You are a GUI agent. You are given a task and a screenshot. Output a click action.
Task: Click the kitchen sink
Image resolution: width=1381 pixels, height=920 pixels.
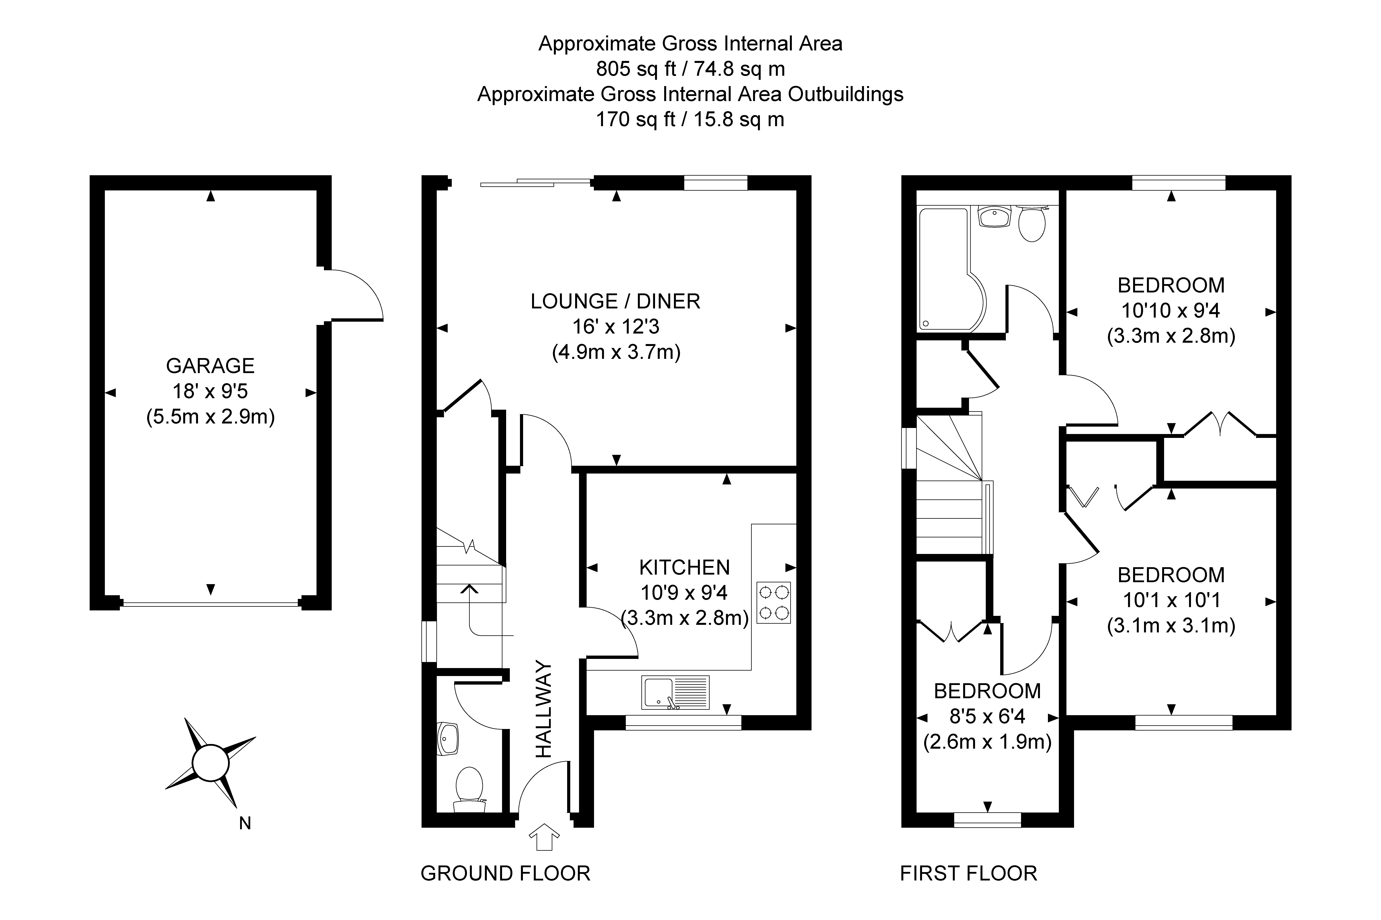tap(675, 692)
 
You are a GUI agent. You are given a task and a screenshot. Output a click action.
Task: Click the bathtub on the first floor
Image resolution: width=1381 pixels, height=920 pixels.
tap(951, 270)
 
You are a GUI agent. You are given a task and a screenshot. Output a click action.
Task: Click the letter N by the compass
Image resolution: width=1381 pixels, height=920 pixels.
tap(245, 824)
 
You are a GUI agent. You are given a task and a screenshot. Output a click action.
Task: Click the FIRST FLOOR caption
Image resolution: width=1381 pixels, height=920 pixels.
tap(969, 874)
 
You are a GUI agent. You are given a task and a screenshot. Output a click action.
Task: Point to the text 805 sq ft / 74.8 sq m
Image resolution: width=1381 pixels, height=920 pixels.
tap(690, 69)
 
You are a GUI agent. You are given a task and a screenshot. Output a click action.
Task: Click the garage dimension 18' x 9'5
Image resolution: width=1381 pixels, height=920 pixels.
tap(210, 391)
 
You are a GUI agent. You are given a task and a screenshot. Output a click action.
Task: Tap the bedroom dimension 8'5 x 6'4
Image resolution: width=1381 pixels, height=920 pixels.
tap(988, 716)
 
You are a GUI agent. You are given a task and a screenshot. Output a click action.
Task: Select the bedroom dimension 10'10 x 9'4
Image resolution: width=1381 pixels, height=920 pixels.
tap(1171, 310)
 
